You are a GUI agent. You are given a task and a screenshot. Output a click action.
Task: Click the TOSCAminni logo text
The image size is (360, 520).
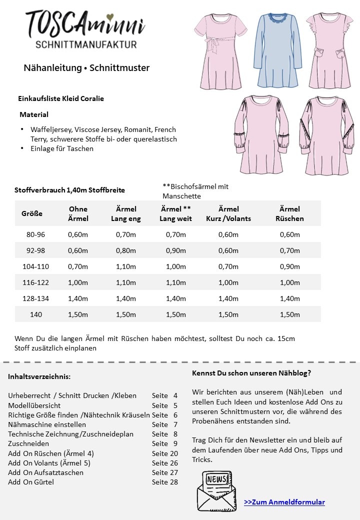(x=85, y=24)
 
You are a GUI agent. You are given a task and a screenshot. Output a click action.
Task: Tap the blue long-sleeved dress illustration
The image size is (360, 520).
(x=278, y=50)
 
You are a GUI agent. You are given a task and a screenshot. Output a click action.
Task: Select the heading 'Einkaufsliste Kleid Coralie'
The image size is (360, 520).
(x=61, y=98)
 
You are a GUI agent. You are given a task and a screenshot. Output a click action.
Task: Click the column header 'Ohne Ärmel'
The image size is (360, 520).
(x=78, y=213)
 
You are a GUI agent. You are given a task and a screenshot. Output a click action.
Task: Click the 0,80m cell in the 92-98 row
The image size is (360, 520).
(x=125, y=250)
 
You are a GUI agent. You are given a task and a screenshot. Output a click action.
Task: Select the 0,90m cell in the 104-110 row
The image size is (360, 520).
(x=289, y=266)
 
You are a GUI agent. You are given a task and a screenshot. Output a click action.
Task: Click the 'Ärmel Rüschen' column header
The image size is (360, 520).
(x=289, y=213)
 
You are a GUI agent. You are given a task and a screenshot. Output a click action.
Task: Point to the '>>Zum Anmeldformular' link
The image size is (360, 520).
(x=284, y=502)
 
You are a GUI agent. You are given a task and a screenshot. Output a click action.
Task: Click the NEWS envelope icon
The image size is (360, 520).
(x=216, y=490)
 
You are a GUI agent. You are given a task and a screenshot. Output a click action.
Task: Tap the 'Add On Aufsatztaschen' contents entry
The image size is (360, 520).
(x=46, y=472)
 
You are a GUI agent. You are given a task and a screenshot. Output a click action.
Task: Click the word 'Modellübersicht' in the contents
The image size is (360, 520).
(x=34, y=405)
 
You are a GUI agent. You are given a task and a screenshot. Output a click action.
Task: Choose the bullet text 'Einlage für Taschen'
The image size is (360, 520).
(x=62, y=148)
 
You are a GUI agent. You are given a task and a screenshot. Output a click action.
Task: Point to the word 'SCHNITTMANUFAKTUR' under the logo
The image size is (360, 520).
(x=86, y=44)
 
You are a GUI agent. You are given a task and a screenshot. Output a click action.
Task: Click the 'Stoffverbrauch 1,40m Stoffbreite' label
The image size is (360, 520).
(x=70, y=190)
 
